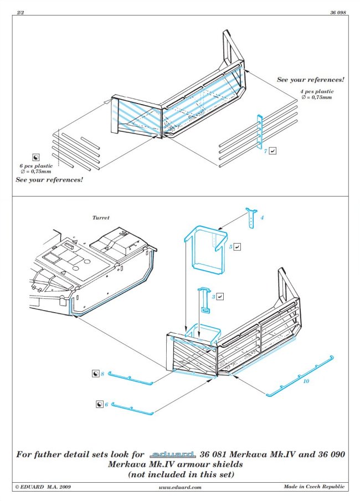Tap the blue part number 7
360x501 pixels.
[266, 151]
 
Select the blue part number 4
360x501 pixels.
[262, 218]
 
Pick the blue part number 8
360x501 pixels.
[102, 375]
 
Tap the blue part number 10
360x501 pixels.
[306, 381]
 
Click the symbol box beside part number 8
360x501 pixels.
[95, 375]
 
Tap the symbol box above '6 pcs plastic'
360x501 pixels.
[37, 157]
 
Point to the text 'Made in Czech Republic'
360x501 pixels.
[313, 487]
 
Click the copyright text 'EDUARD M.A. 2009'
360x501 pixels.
[44, 487]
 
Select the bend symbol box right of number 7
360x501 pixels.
[274, 151]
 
